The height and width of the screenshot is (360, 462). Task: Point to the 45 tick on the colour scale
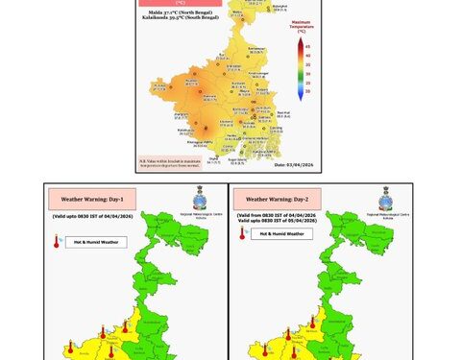click(307, 45)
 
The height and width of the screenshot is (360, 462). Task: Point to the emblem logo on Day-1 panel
click(200, 200)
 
